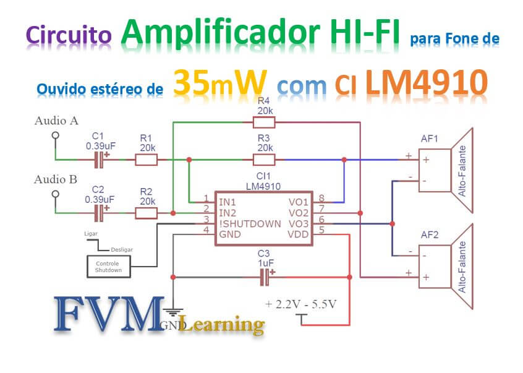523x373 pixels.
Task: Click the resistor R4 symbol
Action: [264, 122]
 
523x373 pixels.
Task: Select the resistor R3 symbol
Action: [264, 160]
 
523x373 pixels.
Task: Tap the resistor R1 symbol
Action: [146, 160]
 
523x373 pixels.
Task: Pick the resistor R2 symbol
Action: [146, 213]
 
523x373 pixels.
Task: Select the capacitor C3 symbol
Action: [265, 278]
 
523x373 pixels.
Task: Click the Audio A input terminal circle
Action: [55, 135]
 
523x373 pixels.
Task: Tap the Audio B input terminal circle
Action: [55, 194]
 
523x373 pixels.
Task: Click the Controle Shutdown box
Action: [108, 267]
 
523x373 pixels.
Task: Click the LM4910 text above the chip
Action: [265, 186]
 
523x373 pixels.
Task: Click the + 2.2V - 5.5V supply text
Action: [301, 304]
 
